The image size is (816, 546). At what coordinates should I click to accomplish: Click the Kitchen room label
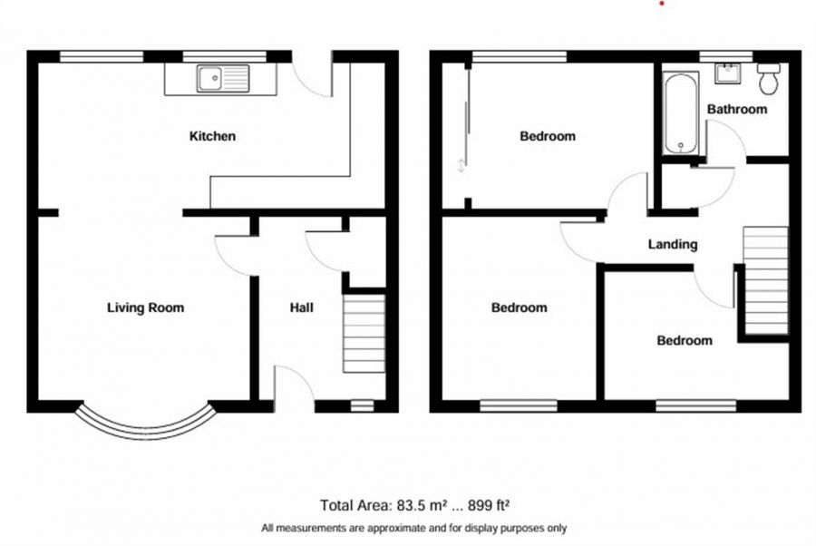pos(212,137)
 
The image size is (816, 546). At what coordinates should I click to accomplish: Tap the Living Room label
pos(145,308)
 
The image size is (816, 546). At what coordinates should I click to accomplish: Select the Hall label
pos(302,308)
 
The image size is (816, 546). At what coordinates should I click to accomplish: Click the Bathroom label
pos(737,110)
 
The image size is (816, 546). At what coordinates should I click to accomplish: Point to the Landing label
pos(673,245)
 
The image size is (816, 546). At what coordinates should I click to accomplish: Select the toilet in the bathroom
pos(770,79)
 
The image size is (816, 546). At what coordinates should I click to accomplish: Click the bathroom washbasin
pos(726,73)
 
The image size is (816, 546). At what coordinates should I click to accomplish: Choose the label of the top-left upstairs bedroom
pos(548,137)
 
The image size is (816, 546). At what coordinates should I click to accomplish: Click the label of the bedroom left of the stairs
pos(685,341)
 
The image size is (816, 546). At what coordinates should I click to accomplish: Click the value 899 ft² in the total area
pos(494,505)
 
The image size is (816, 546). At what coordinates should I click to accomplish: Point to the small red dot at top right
pos(663,3)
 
